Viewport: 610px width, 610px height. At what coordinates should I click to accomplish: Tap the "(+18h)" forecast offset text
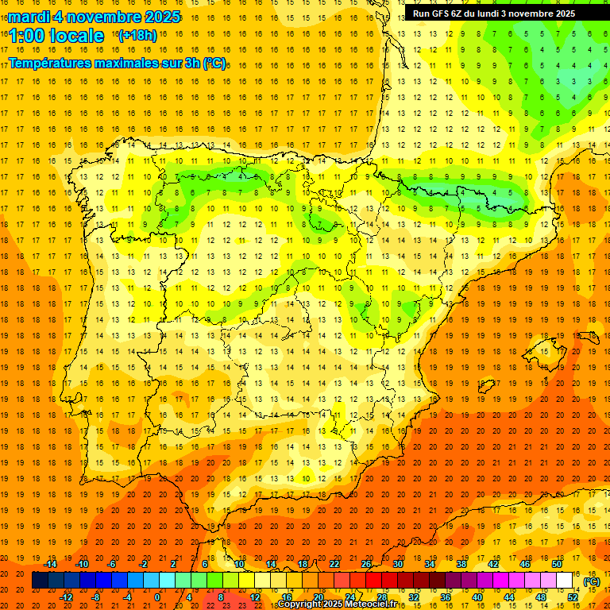[x=137, y=35]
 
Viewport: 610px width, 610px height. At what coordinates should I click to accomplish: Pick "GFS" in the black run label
[x=442, y=14]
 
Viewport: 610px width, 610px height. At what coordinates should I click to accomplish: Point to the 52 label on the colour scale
[x=573, y=597]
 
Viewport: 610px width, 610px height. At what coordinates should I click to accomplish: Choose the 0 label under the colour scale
[x=157, y=597]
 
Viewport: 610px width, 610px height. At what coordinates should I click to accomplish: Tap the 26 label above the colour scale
[x=366, y=564]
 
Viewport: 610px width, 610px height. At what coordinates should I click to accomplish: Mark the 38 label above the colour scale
[x=461, y=564]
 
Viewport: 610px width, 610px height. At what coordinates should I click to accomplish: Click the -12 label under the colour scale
[x=66, y=597]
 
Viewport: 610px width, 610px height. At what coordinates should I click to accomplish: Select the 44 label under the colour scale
[x=509, y=597]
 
